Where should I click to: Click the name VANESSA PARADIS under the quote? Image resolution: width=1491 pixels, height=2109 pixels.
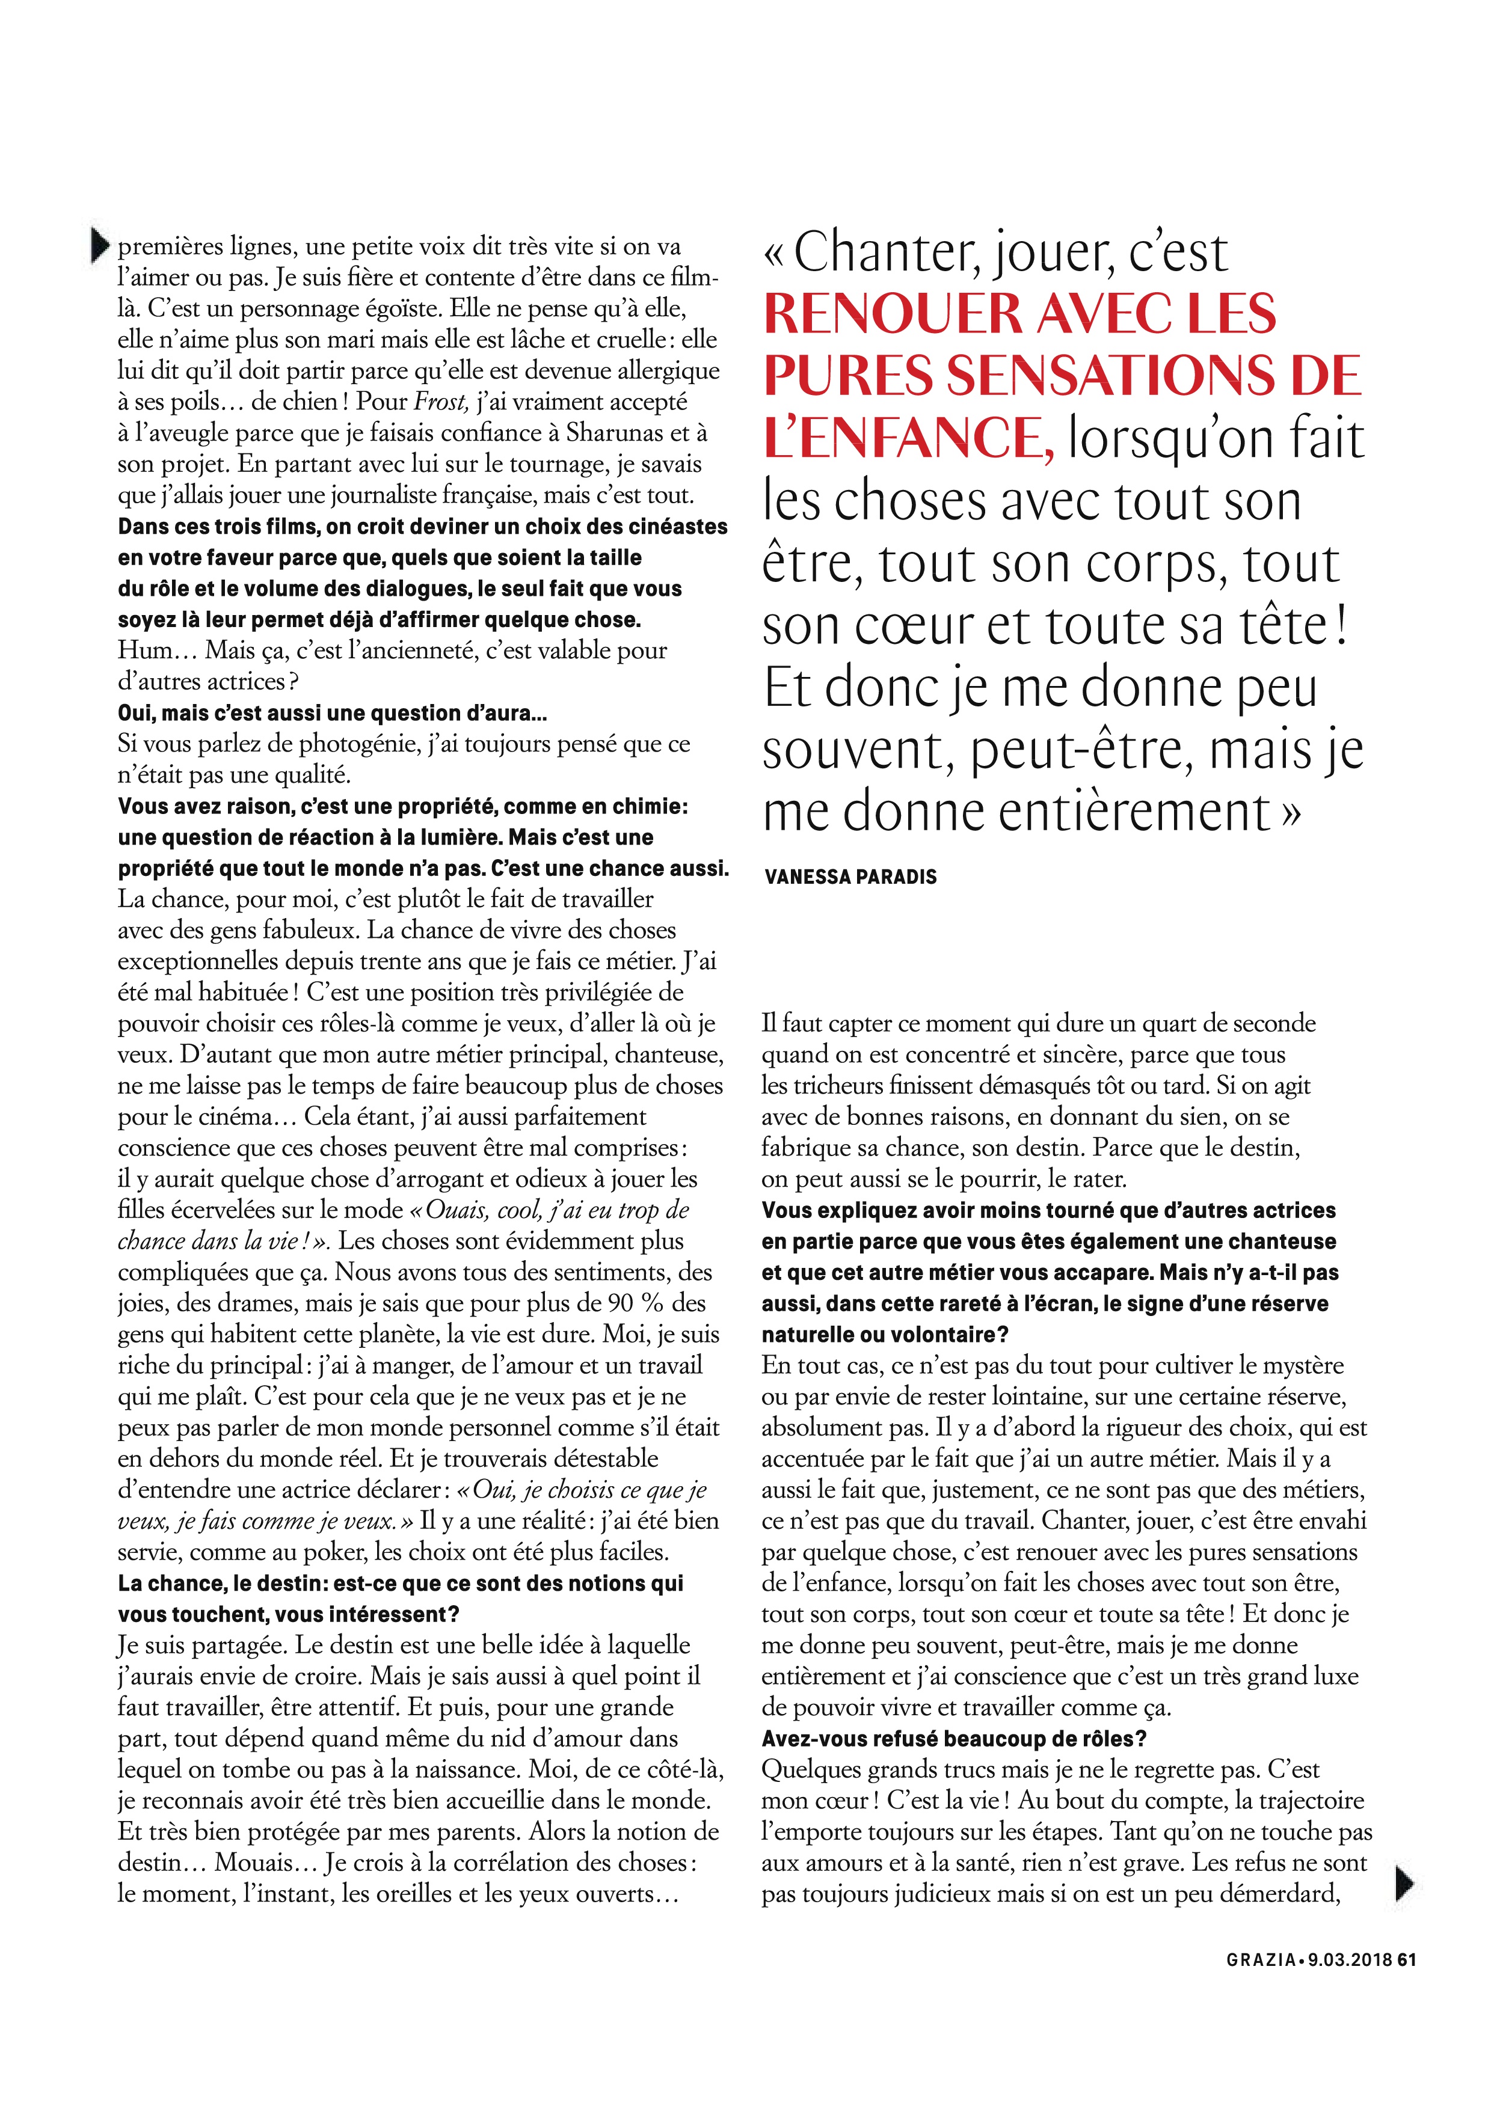[850, 877]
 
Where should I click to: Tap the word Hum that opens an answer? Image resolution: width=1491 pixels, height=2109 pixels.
[144, 650]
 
